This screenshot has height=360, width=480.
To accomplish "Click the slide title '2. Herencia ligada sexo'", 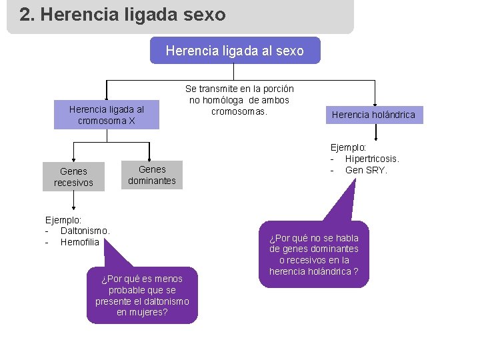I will [123, 15].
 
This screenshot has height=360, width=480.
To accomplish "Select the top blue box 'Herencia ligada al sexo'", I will [235, 51].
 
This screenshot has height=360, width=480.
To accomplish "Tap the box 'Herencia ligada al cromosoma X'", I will [107, 115].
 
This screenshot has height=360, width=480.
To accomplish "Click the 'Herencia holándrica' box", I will [373, 115].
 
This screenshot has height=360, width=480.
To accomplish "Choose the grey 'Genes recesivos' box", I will [73, 177].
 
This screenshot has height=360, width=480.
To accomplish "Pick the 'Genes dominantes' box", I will [152, 175].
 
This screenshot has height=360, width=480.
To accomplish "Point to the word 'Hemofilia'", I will [79, 242].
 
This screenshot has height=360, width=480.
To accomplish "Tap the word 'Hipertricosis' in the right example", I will [371, 159].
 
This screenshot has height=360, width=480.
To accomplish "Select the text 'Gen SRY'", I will [366, 170].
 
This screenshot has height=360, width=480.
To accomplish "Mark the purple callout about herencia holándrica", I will [313, 255].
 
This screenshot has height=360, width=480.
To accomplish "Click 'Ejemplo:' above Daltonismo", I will [63, 219].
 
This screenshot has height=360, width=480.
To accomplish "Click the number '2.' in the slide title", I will [27, 15].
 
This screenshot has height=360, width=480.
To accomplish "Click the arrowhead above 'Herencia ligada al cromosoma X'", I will [107, 97].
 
